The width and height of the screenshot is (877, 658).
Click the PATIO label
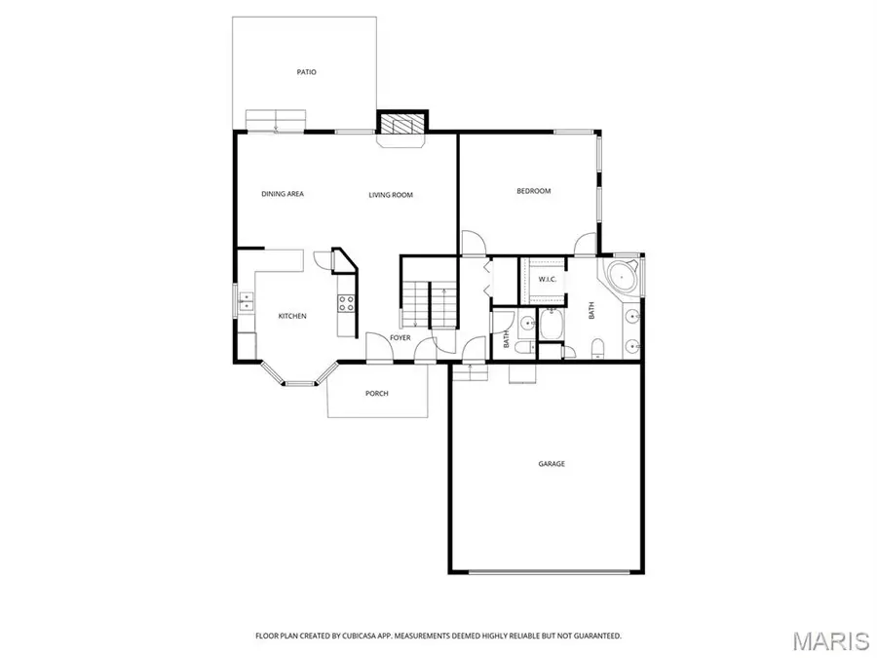click(x=307, y=72)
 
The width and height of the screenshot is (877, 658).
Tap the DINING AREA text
click(x=283, y=194)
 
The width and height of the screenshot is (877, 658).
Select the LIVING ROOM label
click(x=391, y=195)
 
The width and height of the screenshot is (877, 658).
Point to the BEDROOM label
click(x=533, y=191)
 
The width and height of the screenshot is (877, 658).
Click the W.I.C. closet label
click(x=547, y=280)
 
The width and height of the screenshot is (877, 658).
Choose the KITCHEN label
click(x=292, y=316)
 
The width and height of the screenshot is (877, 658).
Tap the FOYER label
click(x=400, y=338)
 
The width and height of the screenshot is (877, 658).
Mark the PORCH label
click(x=377, y=394)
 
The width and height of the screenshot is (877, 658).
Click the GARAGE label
click(x=552, y=464)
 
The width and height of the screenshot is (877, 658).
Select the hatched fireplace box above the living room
click(x=402, y=124)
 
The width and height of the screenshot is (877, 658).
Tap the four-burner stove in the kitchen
click(x=345, y=303)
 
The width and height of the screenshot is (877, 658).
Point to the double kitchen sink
click(x=247, y=300)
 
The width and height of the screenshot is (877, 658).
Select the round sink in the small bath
click(x=526, y=323)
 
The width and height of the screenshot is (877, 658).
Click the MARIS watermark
click(x=830, y=640)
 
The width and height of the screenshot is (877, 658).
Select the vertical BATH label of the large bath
click(x=591, y=311)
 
